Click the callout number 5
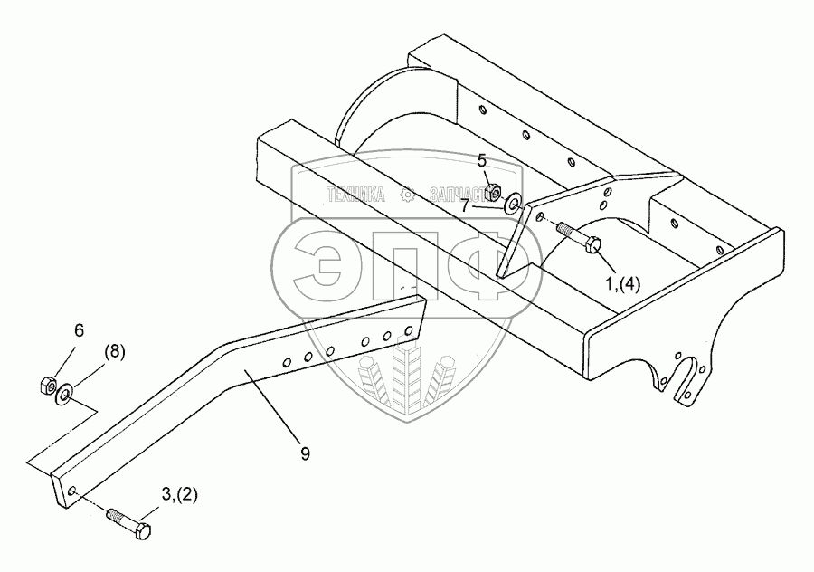[483, 161]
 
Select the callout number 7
[465, 205]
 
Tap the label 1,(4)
[622, 282]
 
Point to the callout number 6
[79, 331]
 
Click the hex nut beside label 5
[494, 191]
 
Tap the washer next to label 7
[514, 202]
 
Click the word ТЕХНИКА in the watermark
[354, 194]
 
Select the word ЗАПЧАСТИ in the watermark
[459, 194]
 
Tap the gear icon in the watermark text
[408, 194]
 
